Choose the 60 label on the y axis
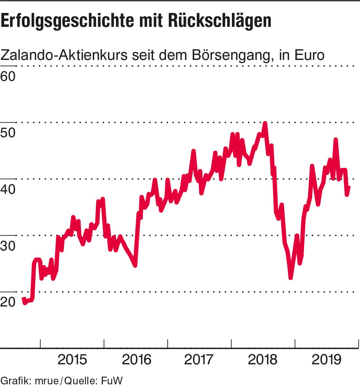click(8, 76)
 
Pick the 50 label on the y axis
click(8, 133)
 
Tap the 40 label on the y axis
click(8, 189)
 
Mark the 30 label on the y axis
click(8, 246)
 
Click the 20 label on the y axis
click(8, 302)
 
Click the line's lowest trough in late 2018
click(291, 277)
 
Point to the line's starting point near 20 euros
click(23, 299)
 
